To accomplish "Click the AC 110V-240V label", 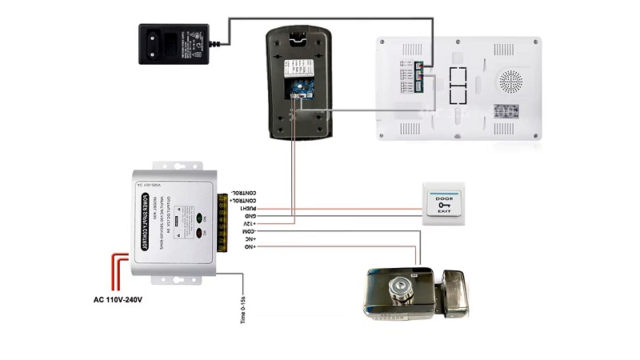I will [118, 300].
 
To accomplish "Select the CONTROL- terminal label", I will [245, 192].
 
